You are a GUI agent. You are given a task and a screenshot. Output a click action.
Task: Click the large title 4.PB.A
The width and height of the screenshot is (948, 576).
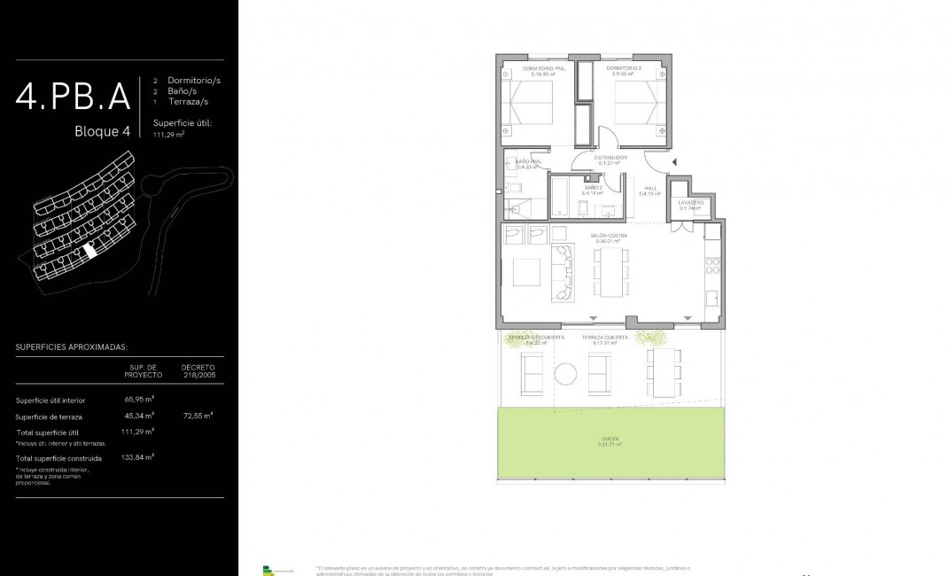click(x=73, y=96)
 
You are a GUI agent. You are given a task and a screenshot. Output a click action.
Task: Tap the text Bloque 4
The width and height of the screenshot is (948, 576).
click(x=102, y=131)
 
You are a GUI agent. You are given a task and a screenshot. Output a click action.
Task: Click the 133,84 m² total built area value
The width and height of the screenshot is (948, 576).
click(x=137, y=457)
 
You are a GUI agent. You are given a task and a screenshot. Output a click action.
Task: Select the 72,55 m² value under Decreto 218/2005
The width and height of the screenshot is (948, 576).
click(x=198, y=415)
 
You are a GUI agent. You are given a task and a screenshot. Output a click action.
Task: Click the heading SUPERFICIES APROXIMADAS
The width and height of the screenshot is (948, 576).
click(x=72, y=347)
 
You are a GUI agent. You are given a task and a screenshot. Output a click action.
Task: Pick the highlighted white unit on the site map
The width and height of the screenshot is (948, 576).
click(x=89, y=251)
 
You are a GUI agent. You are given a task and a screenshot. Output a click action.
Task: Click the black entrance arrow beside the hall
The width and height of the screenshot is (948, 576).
click(x=674, y=162)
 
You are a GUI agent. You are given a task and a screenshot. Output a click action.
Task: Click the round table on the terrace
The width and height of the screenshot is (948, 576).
click(x=565, y=374)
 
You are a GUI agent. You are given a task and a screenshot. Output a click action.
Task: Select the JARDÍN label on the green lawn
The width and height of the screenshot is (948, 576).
click(x=610, y=440)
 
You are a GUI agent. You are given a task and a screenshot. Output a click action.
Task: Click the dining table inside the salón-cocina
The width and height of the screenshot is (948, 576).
click(x=610, y=271)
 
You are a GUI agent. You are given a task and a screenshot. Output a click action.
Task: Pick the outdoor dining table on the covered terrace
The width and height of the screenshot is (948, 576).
click(x=664, y=372)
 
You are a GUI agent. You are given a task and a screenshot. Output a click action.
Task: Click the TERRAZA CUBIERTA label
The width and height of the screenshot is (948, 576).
click(x=605, y=339)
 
